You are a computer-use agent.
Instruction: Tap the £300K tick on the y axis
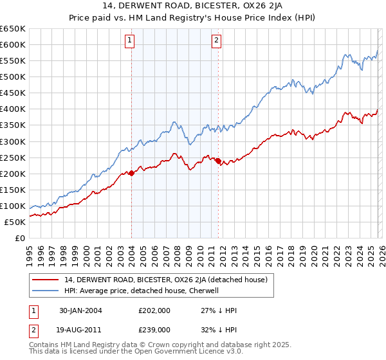13,141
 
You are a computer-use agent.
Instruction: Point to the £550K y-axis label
13,61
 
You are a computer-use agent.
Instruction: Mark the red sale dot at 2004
131,172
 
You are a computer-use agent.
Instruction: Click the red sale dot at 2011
218,161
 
